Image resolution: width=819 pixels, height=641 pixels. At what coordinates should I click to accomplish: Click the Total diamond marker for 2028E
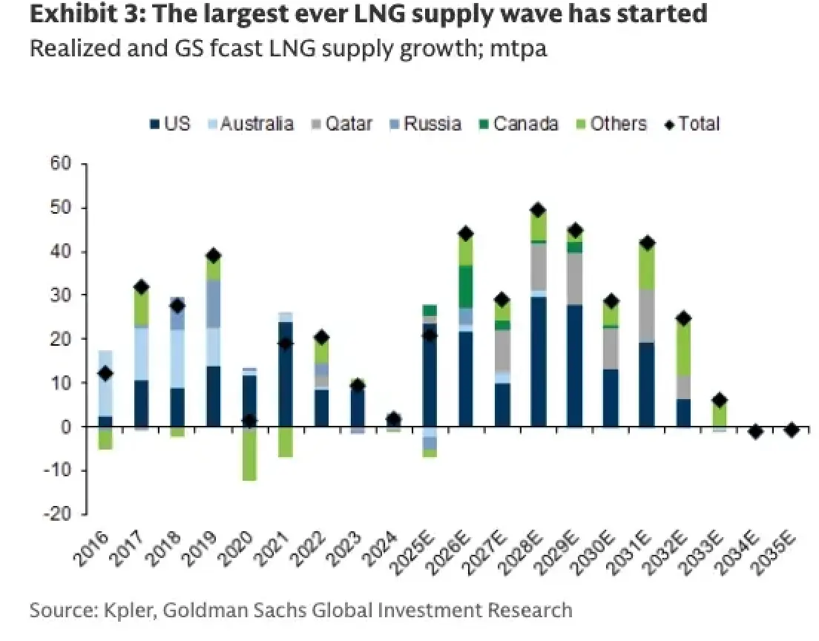tap(538, 210)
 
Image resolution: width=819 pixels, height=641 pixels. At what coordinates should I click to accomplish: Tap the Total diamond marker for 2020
tap(250, 421)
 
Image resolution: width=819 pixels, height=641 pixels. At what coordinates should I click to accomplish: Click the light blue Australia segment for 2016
tap(105, 383)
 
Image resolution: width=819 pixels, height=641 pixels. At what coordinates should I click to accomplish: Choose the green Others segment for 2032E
tap(682, 348)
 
